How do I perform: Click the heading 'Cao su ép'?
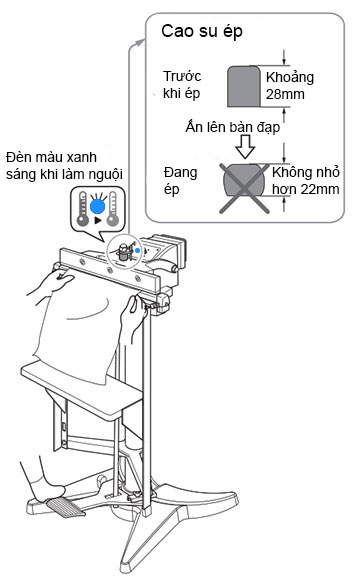(202, 31)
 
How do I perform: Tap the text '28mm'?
(285, 94)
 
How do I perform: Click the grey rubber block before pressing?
(244, 86)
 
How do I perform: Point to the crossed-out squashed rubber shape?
(244, 183)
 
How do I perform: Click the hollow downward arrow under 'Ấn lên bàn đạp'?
(245, 147)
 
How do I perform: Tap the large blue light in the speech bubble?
(97, 206)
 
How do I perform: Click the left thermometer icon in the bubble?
(82, 209)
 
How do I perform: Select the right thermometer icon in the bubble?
(112, 209)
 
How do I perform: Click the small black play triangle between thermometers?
(98, 220)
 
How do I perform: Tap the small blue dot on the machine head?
(137, 251)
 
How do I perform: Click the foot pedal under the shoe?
(66, 506)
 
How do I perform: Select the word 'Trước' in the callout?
(182, 76)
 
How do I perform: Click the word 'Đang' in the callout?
(180, 173)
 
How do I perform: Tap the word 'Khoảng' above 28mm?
(290, 78)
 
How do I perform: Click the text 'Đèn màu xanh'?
(51, 157)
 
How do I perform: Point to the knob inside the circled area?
(123, 251)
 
